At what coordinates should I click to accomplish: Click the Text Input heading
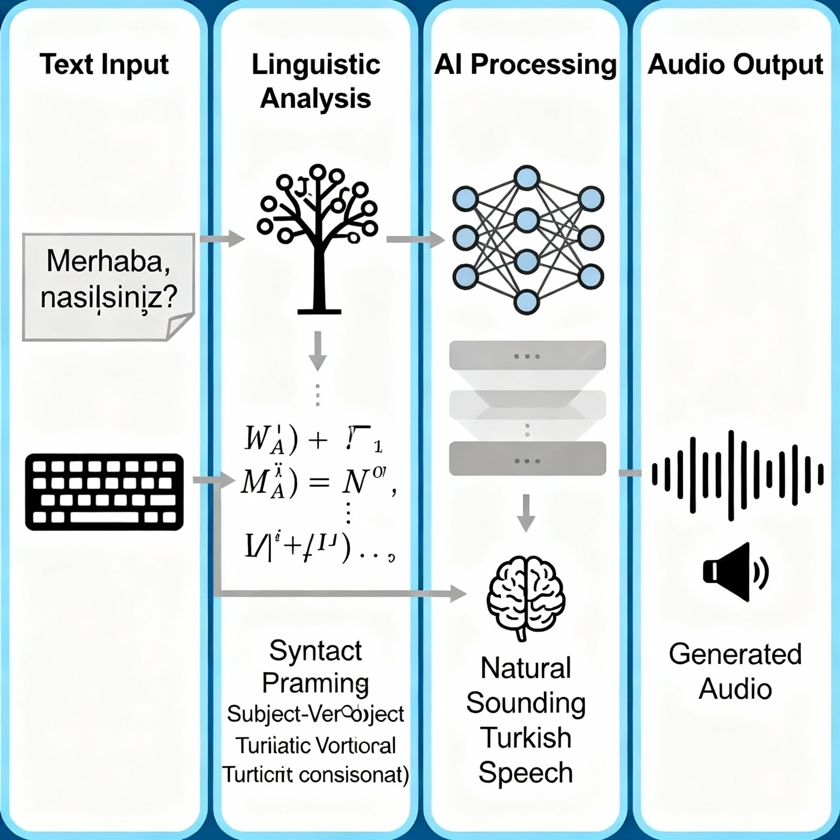pyautogui.click(x=104, y=65)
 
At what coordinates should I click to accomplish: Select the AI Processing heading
pyautogui.click(x=525, y=65)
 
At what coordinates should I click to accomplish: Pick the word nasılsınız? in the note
pyautogui.click(x=109, y=299)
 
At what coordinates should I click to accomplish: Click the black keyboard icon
pyautogui.click(x=104, y=492)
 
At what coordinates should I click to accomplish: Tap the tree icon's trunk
pyautogui.click(x=320, y=278)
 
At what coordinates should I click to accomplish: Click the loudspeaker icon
pyautogui.click(x=735, y=571)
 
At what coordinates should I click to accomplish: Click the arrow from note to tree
pyautogui.click(x=222, y=239)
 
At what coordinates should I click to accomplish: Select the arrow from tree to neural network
pyautogui.click(x=415, y=239)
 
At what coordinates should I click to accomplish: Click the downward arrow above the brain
pyautogui.click(x=526, y=513)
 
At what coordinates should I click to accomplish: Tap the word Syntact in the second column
pyautogui.click(x=316, y=651)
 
